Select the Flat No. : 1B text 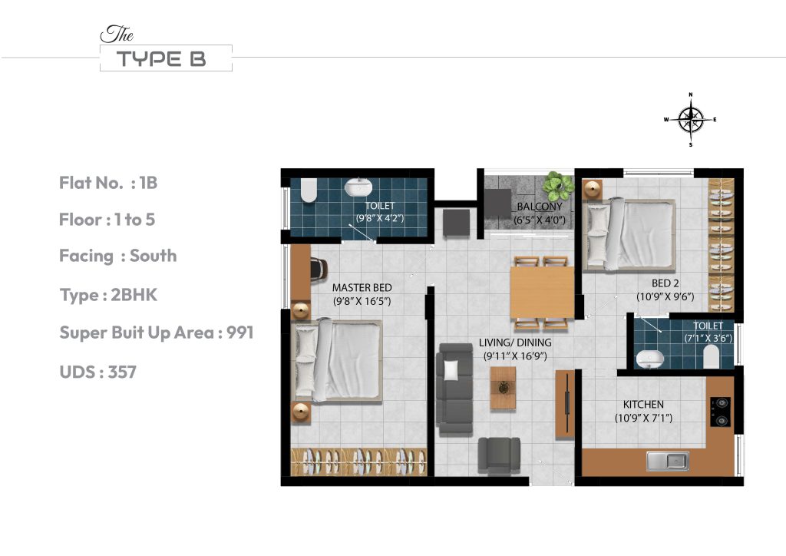pos(108,183)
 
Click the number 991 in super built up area pos(239,333)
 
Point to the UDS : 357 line pos(97,372)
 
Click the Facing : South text pos(117,256)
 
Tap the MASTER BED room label pos(362,288)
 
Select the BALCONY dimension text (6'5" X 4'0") pos(539,220)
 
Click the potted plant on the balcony pos(557,186)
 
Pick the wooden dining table pos(542,292)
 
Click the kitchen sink pos(667,461)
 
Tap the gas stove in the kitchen pos(721,411)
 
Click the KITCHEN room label pos(643,405)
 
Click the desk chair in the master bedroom pos(318,268)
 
